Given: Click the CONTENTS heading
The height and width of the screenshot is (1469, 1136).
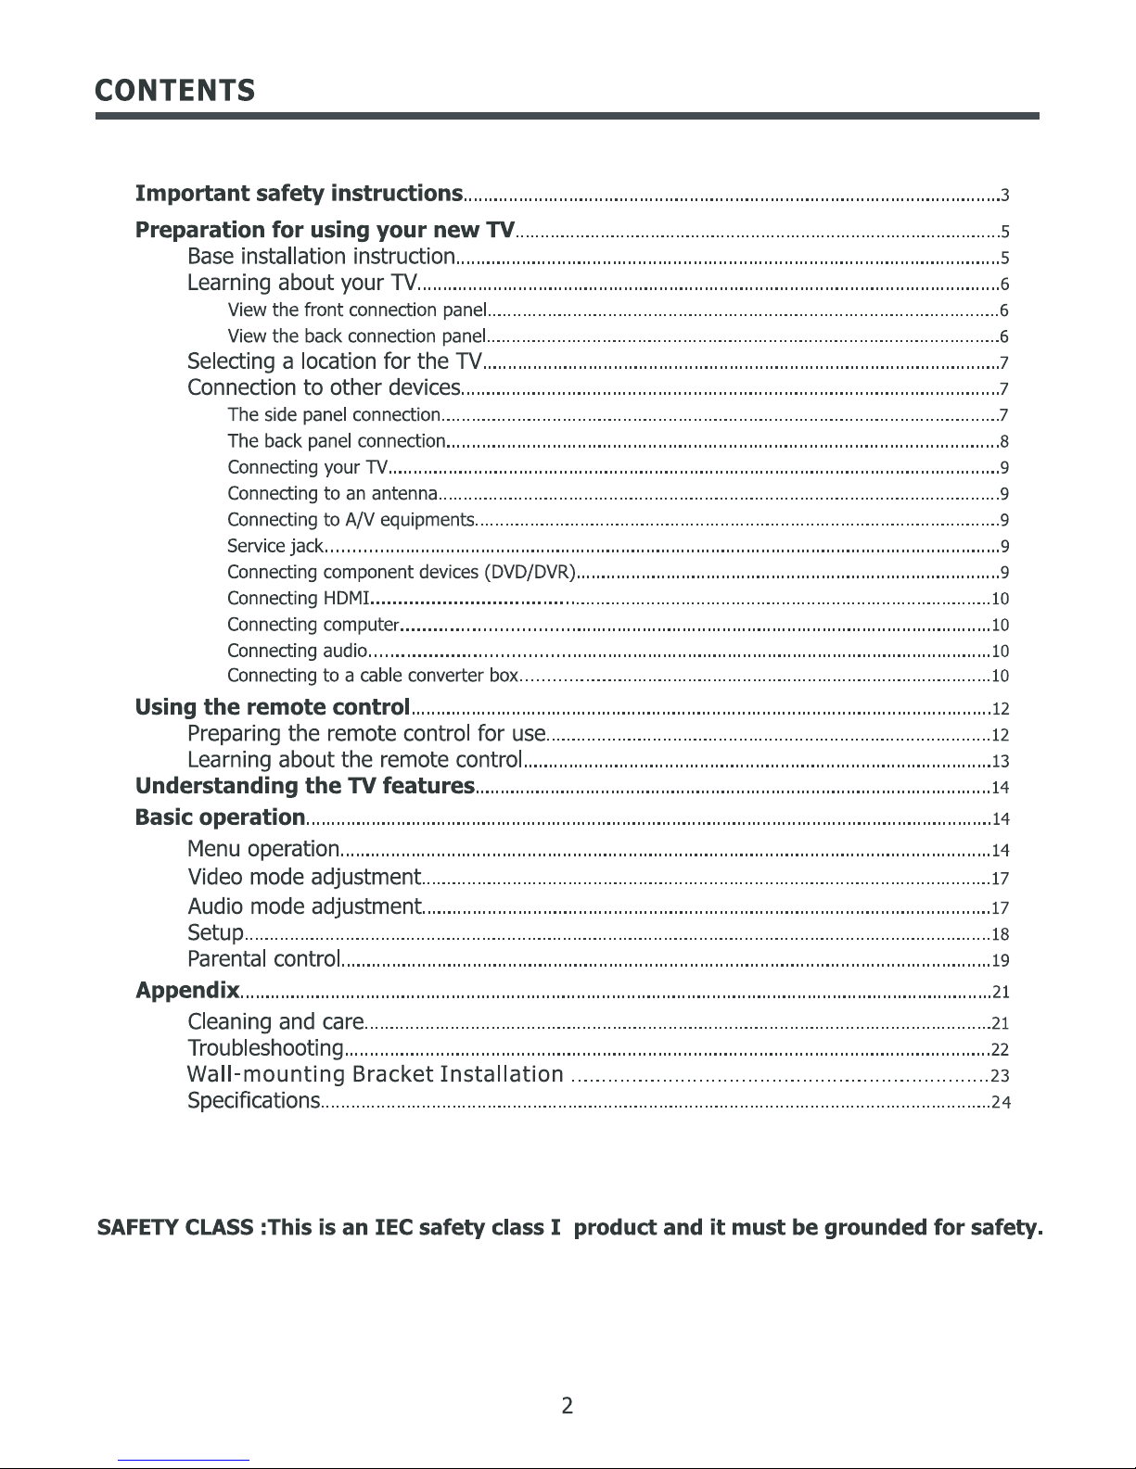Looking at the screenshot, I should (175, 91).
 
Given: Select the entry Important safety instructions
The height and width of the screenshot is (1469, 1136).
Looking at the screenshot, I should (299, 194).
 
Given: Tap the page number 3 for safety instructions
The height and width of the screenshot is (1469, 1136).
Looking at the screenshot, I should (1004, 196).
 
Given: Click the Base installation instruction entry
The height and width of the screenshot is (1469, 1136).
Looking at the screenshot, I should (321, 256).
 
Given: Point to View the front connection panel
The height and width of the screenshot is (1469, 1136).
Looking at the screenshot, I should (357, 310).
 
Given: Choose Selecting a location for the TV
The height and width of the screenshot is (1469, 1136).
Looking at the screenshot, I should (335, 361).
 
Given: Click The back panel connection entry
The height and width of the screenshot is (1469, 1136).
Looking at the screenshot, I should (337, 441).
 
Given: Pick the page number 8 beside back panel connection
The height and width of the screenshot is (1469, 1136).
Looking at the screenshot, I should (1004, 441).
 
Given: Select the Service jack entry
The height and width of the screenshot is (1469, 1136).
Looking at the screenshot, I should (274, 546).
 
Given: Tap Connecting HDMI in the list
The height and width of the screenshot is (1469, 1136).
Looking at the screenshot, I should (299, 598).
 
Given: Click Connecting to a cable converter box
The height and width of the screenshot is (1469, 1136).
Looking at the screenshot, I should (372, 676).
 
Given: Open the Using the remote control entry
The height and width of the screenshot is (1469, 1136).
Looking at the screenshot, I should (273, 708).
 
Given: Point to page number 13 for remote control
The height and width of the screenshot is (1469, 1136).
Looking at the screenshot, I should (1000, 762).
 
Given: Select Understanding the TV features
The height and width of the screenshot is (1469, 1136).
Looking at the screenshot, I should (305, 787).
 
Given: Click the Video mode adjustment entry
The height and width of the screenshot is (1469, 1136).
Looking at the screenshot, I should (304, 877).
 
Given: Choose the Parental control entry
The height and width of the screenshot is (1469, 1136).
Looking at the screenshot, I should (264, 958).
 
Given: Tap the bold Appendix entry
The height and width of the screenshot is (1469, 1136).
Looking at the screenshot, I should (187, 991).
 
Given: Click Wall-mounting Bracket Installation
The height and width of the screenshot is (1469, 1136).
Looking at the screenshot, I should (376, 1075).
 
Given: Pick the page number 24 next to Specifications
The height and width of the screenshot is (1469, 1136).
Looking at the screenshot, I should (1000, 1103).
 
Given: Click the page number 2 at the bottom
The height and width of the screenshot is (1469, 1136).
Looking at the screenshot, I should (568, 1406).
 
